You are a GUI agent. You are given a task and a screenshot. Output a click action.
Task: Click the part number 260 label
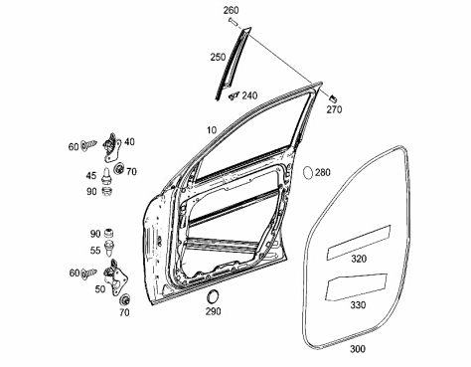coord(231,10)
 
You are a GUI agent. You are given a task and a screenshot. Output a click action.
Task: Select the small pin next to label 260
coord(233,22)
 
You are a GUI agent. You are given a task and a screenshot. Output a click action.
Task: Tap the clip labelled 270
coord(333,98)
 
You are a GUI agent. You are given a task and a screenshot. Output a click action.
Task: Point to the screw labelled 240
coord(234,95)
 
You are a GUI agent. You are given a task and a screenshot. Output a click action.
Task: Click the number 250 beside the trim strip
coord(218,57)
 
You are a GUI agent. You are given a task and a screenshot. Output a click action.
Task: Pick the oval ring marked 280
coord(308,172)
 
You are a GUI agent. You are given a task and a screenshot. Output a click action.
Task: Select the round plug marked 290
coord(213,295)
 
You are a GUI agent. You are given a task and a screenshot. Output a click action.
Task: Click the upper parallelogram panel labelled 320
coord(359,242)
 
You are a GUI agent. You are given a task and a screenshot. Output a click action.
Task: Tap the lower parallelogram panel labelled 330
coord(356,287)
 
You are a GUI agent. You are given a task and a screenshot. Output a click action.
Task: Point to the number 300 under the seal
coord(358,349)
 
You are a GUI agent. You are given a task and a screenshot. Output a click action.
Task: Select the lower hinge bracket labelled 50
coord(115,277)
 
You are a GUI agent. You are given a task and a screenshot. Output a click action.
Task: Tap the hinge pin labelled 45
coord(105,175)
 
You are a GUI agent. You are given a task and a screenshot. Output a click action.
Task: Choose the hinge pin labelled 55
coord(109,248)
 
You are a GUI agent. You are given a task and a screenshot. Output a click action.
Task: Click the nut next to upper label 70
coord(119,168)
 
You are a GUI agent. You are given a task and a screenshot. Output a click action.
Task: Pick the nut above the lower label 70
coord(125,300)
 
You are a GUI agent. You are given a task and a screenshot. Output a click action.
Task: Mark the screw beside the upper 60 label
coord(88,145)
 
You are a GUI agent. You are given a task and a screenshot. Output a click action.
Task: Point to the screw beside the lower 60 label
coord(88,274)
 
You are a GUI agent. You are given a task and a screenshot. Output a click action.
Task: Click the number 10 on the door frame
coord(212,130)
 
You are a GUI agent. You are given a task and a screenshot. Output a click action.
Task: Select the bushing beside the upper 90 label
coord(106,191)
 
